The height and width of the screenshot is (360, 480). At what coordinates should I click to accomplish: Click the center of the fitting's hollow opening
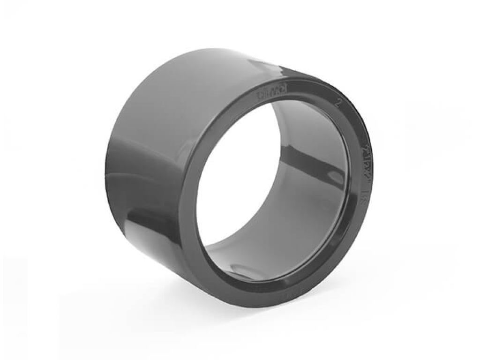click(x=262, y=187)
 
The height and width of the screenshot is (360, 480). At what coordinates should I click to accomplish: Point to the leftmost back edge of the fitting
click(x=106, y=169)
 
